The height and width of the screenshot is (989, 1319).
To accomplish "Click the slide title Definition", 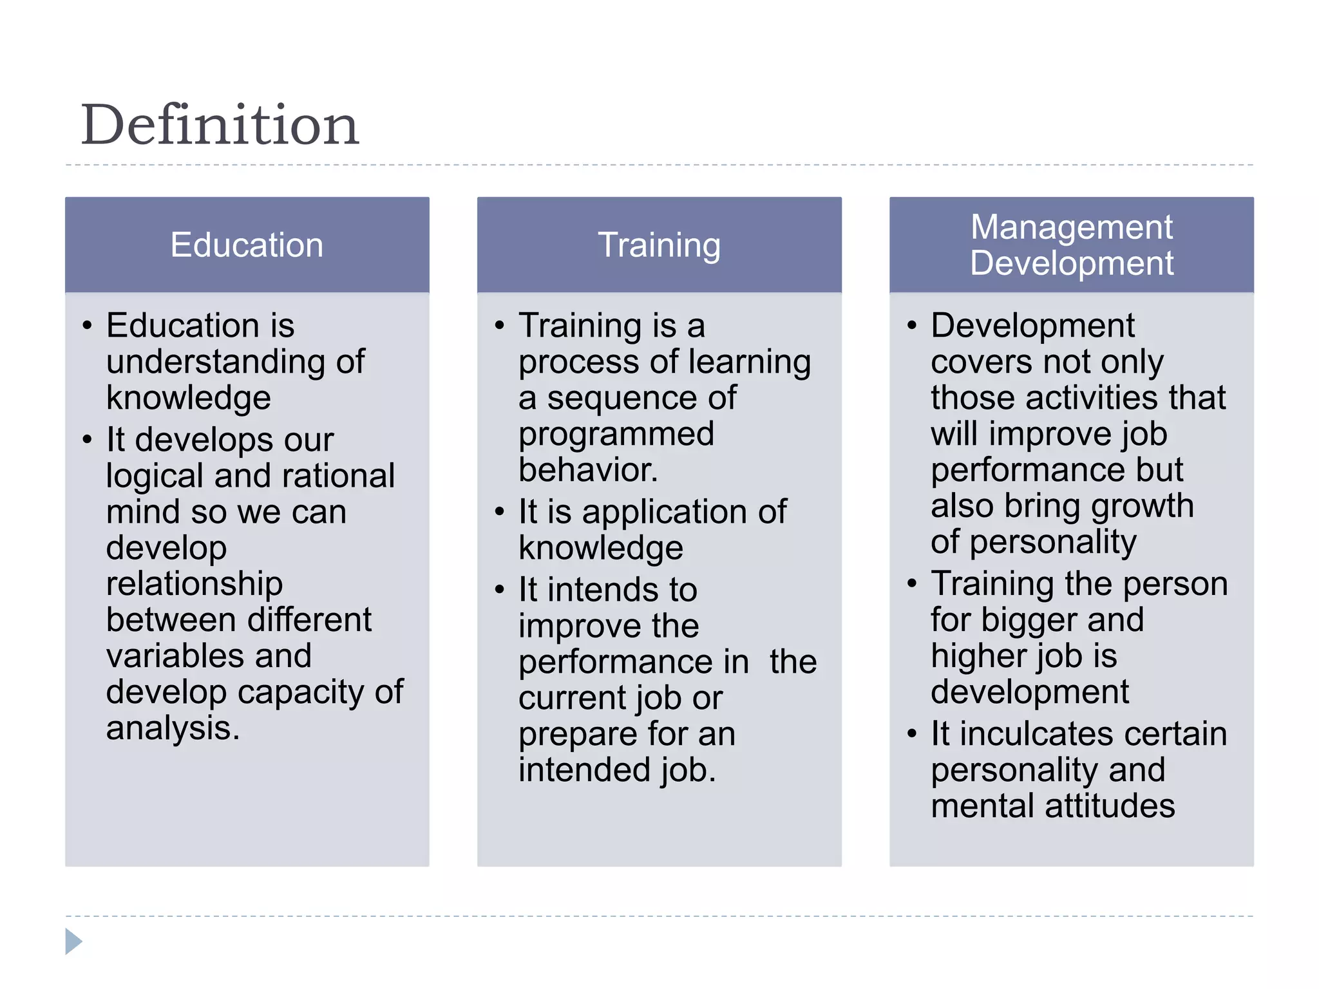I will point(220,125).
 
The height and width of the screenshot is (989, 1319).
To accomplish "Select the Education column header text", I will point(247,245).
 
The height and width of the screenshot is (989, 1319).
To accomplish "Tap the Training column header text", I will point(659,245).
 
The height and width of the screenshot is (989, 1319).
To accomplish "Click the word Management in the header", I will point(1071,227).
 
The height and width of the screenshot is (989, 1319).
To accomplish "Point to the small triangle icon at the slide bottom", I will point(73,941).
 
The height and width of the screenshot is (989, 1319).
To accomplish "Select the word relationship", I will point(194,584).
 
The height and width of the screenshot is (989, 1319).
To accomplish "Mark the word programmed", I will point(616,434).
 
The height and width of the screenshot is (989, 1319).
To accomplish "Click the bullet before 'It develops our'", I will point(88,440).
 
